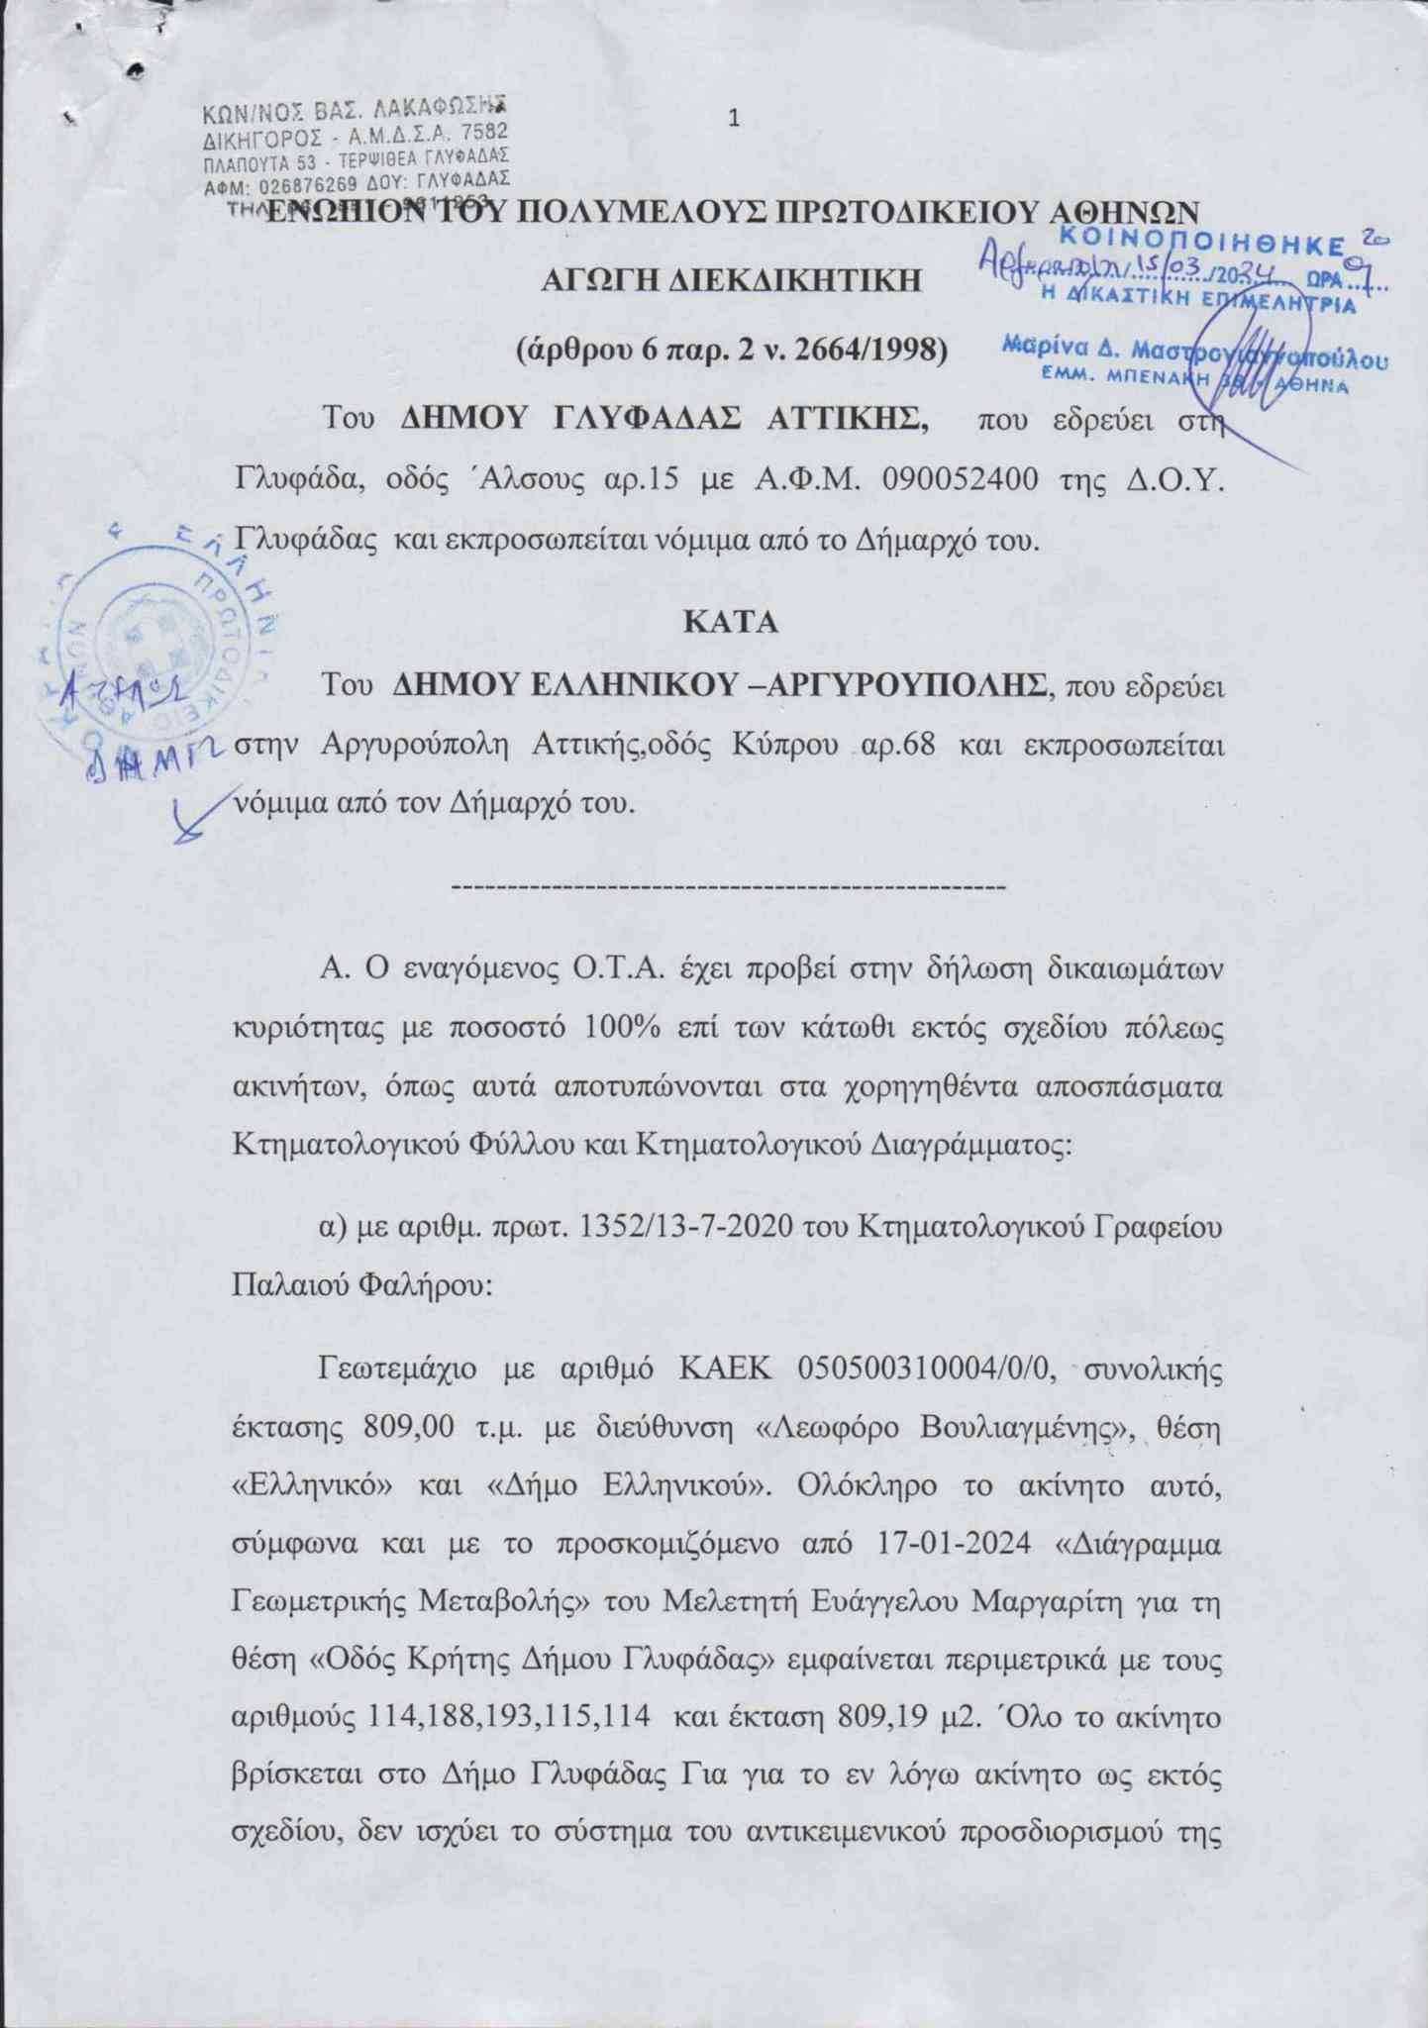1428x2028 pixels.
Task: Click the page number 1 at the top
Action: (x=734, y=120)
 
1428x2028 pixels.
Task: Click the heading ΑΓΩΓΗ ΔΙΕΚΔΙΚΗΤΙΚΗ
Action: (x=731, y=280)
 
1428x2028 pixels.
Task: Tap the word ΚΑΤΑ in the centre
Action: (x=731, y=624)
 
